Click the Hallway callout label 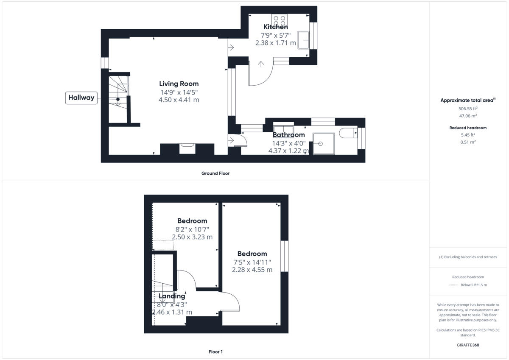81,98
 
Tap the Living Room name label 179,84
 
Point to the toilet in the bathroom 349,134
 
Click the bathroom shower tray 323,143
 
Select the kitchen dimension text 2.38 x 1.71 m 275,43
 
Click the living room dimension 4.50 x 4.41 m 179,100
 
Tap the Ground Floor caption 215,173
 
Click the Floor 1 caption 215,352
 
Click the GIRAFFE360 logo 467,345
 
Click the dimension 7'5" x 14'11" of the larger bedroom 252,262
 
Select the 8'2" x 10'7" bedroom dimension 192,229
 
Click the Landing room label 172,296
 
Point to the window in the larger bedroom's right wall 284,256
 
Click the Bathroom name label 288,135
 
